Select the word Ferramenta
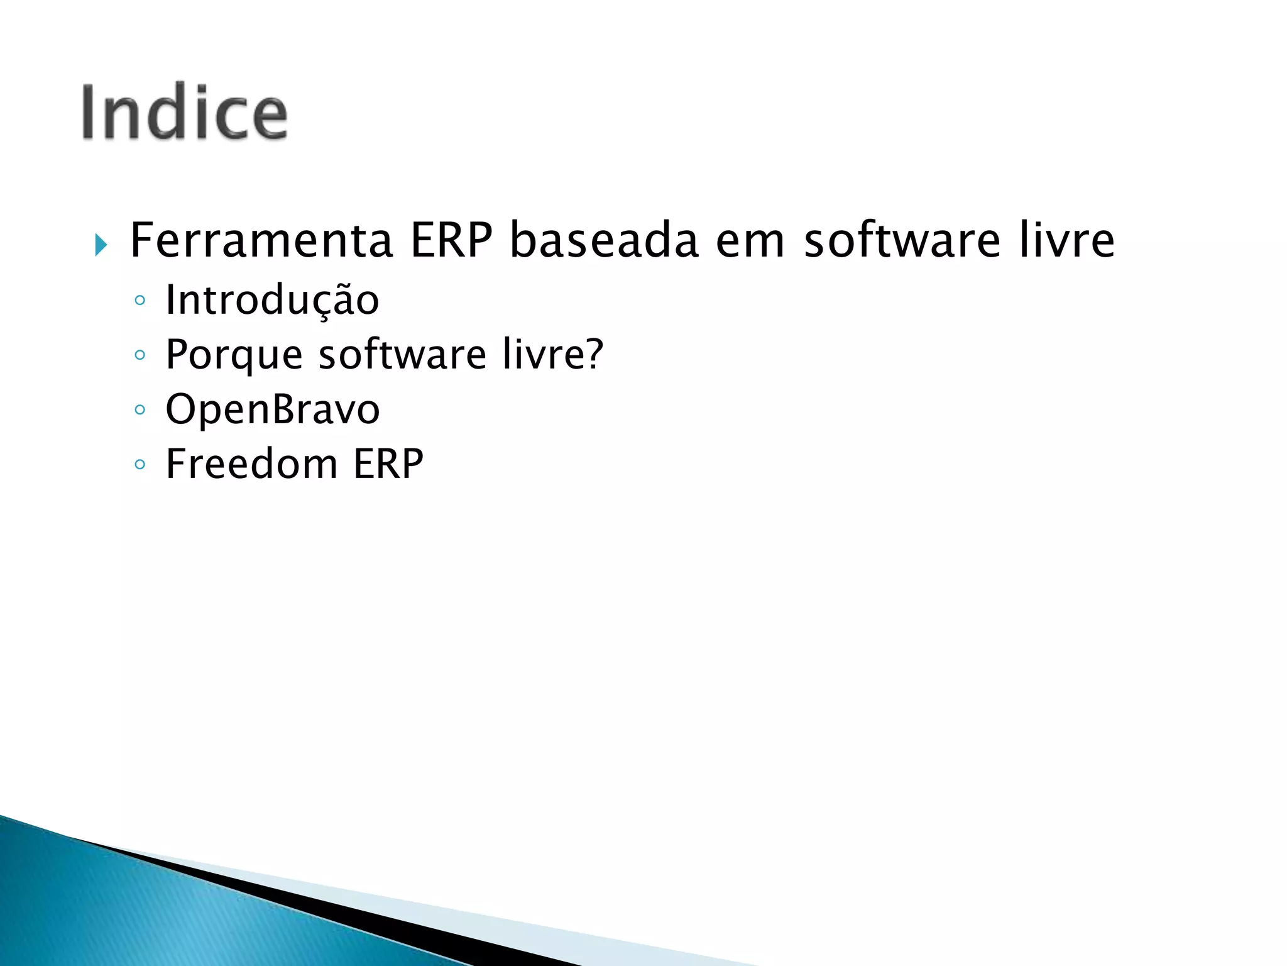pyautogui.click(x=261, y=241)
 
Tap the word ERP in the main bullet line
pyautogui.click(x=451, y=241)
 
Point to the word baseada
pyautogui.click(x=604, y=241)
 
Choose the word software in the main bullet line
pyautogui.click(x=902, y=241)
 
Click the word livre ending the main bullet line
pyautogui.click(x=1066, y=241)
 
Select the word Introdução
pyautogui.click(x=272, y=301)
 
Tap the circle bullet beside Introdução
pyautogui.click(x=140, y=301)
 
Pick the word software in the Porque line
pyautogui.click(x=402, y=354)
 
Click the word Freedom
pyautogui.click(x=251, y=464)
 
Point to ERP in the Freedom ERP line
pyautogui.click(x=388, y=464)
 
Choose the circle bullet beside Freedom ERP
pyautogui.click(x=140, y=465)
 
